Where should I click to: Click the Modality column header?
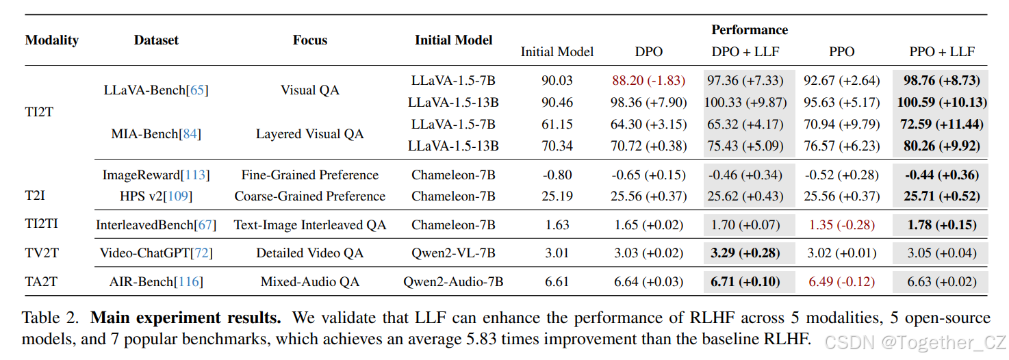click(51, 40)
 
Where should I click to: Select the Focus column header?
click(309, 40)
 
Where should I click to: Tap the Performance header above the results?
click(749, 30)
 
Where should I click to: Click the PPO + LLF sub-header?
click(941, 51)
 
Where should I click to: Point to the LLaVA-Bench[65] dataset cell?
click(156, 90)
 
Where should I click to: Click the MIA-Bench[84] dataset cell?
click(156, 134)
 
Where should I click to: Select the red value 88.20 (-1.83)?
click(648, 81)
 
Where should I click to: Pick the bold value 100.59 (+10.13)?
click(941, 103)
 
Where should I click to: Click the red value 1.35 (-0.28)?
click(841, 225)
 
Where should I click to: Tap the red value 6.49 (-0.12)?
click(841, 281)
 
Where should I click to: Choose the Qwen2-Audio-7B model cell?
click(453, 281)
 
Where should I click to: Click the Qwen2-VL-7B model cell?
click(453, 253)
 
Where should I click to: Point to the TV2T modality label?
click(42, 253)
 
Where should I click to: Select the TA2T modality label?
click(42, 281)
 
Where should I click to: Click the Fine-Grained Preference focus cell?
click(309, 175)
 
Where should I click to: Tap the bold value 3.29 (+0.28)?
click(745, 253)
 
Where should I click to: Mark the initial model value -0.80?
click(557, 175)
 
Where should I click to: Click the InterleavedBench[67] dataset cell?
click(156, 225)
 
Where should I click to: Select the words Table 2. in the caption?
click(52, 318)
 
